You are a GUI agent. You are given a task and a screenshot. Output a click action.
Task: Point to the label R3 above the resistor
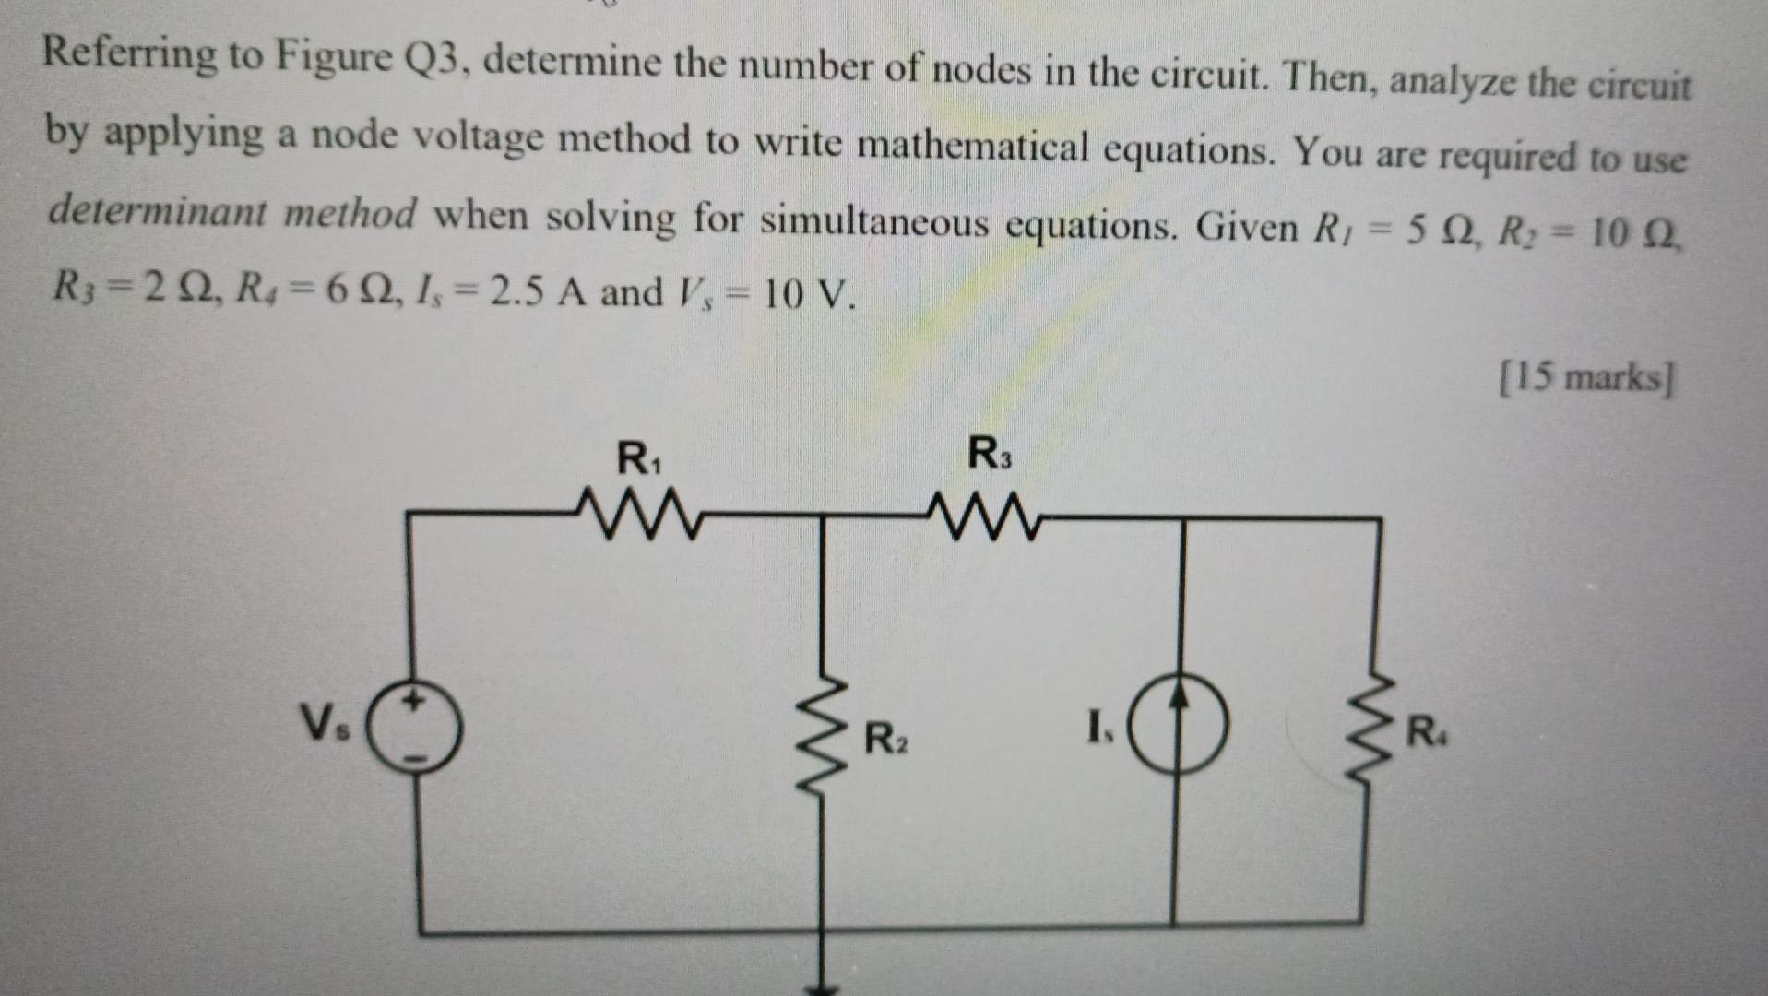pos(989,454)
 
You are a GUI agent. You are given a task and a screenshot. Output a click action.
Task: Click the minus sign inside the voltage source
pos(417,758)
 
